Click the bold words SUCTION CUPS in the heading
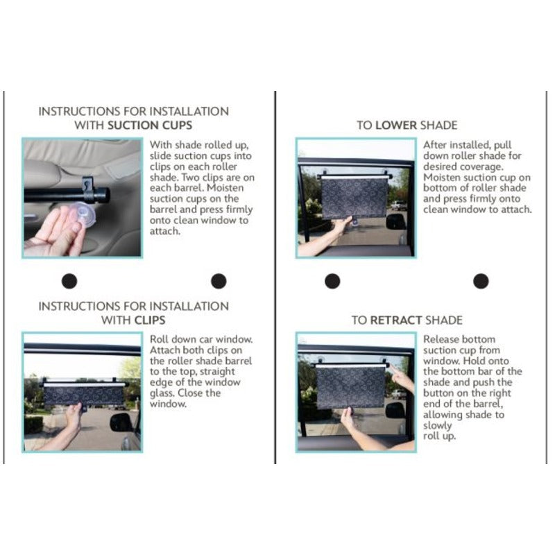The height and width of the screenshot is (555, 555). [150, 126]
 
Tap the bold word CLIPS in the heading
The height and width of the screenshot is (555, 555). [149, 321]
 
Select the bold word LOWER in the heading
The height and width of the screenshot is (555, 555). [396, 126]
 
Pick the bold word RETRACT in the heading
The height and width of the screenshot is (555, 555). [395, 321]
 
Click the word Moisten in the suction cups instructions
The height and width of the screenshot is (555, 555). [225, 188]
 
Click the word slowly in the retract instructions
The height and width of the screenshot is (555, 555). [438, 426]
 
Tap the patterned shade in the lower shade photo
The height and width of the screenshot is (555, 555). [354, 198]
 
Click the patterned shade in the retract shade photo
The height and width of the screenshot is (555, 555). [350, 387]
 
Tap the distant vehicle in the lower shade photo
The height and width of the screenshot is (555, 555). [399, 205]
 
